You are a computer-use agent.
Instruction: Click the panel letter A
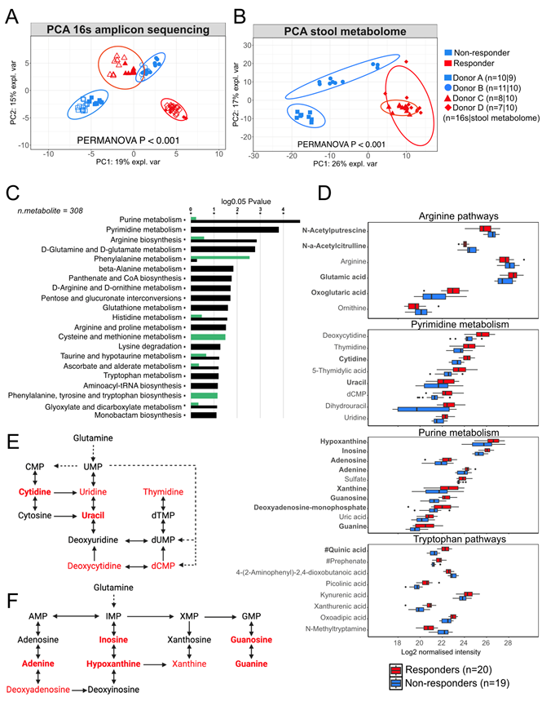pos(11,14)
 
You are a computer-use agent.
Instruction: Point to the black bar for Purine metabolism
pos(245,220)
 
